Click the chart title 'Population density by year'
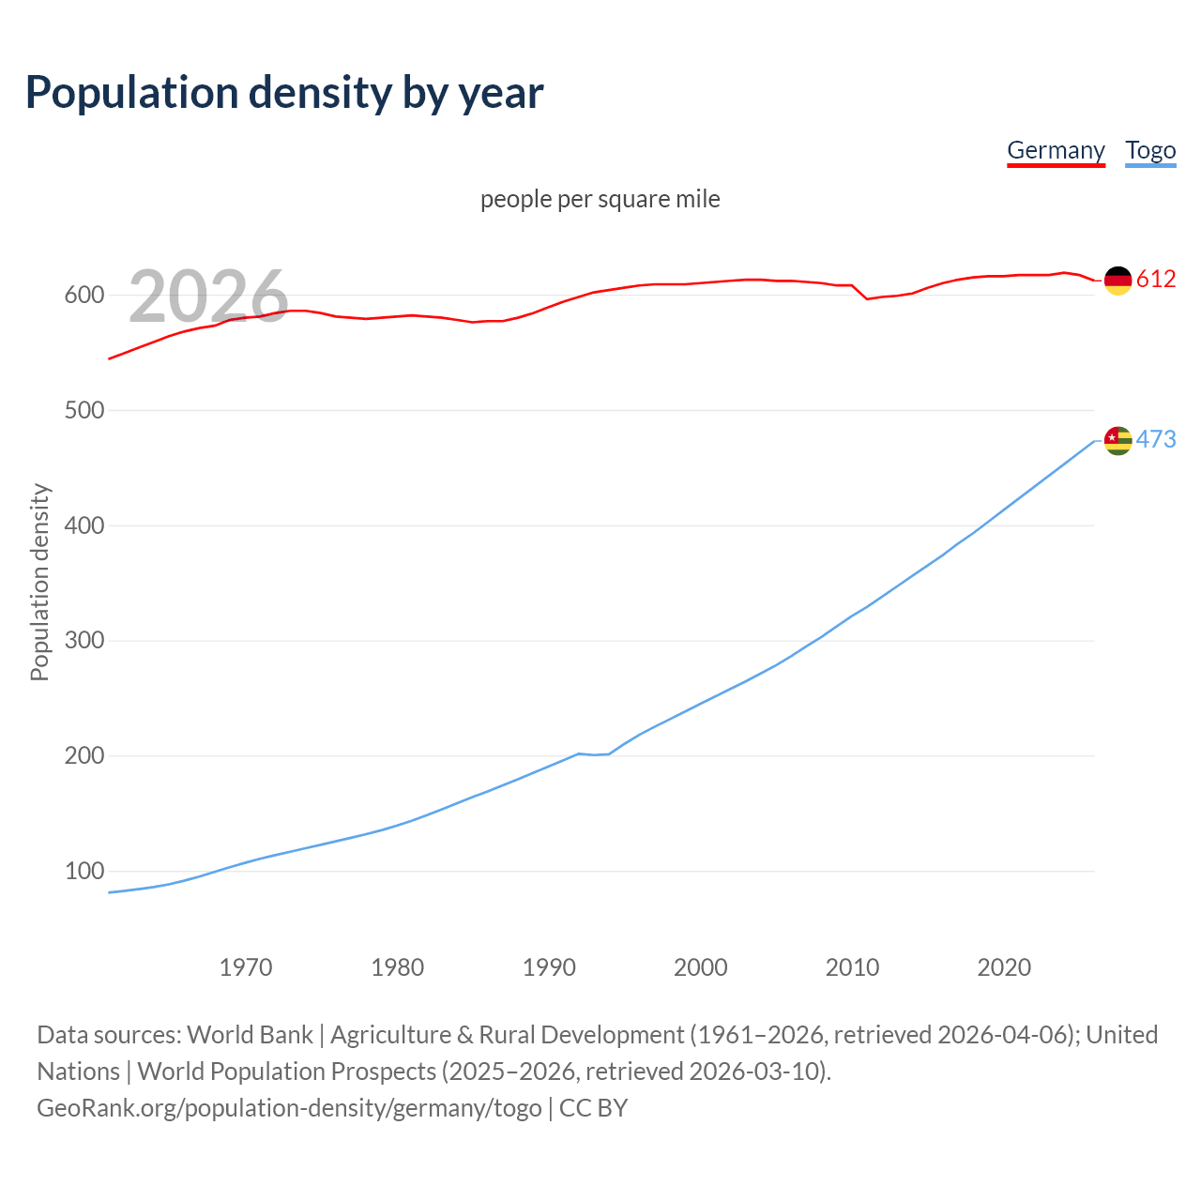(x=284, y=92)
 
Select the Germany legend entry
(x=1056, y=150)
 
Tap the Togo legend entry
(x=1150, y=150)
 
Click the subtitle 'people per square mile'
(x=600, y=199)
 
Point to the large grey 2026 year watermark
(x=208, y=296)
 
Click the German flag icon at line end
(x=1117, y=280)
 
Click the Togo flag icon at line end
(x=1117, y=440)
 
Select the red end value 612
(x=1156, y=279)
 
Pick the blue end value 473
(x=1156, y=439)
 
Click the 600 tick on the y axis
(x=84, y=295)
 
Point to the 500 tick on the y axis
(x=84, y=410)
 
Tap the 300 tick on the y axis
(x=84, y=641)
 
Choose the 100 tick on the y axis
(x=84, y=871)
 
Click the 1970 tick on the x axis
(x=246, y=966)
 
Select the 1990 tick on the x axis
(x=549, y=966)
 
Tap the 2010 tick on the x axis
(x=852, y=966)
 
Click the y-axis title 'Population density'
(x=39, y=582)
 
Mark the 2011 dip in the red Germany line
(x=867, y=298)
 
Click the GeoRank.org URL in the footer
(x=289, y=1108)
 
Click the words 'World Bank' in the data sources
(x=250, y=1035)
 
